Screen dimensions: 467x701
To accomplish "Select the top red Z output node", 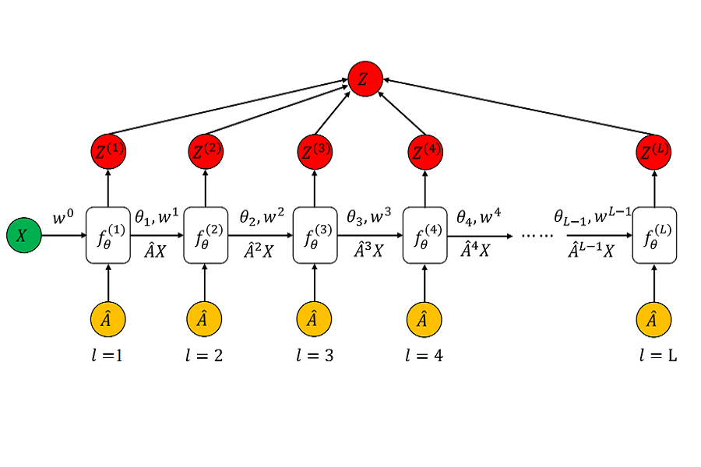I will click(x=365, y=79).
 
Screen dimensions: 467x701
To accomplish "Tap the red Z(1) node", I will click(x=108, y=150).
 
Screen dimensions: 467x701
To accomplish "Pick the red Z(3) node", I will click(x=315, y=150).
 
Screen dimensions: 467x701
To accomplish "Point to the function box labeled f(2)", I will click(x=206, y=234).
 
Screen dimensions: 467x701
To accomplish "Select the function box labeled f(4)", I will click(x=424, y=234).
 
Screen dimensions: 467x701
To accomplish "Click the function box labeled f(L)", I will click(x=653, y=234).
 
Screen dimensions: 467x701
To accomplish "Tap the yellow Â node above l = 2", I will click(x=206, y=318).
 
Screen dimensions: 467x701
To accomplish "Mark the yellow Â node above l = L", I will click(x=653, y=318).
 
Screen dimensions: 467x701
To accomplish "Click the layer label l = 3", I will click(x=315, y=356).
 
